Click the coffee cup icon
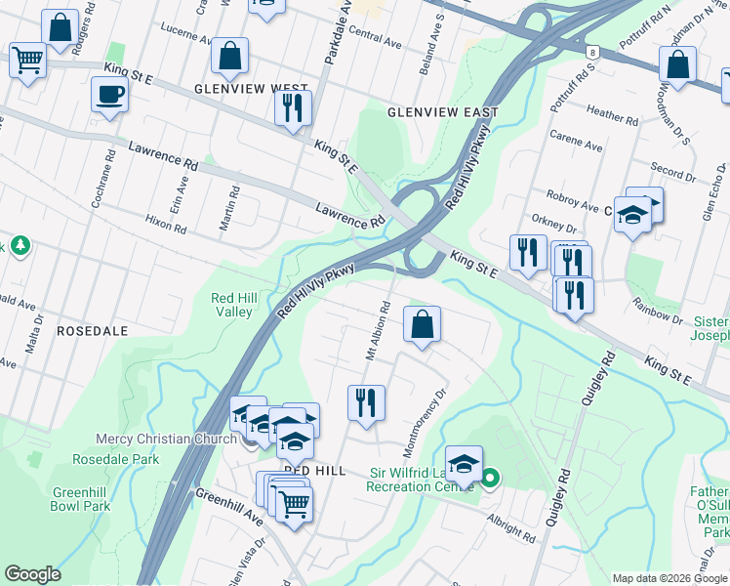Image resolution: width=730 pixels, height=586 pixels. [x=108, y=95]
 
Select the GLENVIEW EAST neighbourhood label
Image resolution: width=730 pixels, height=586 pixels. [x=442, y=112]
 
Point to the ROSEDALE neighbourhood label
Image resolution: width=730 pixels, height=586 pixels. [x=93, y=331]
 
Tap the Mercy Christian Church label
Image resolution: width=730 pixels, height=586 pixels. [x=166, y=439]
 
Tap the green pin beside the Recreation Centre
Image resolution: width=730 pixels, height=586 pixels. [x=490, y=478]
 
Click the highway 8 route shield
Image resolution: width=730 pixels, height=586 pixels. [x=592, y=51]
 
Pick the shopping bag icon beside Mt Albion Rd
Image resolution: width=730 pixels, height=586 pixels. [x=422, y=325]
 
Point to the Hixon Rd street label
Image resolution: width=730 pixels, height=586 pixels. [x=165, y=226]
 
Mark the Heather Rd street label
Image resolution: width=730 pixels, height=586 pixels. [x=612, y=115]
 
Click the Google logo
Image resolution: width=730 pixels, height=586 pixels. [x=32, y=574]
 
